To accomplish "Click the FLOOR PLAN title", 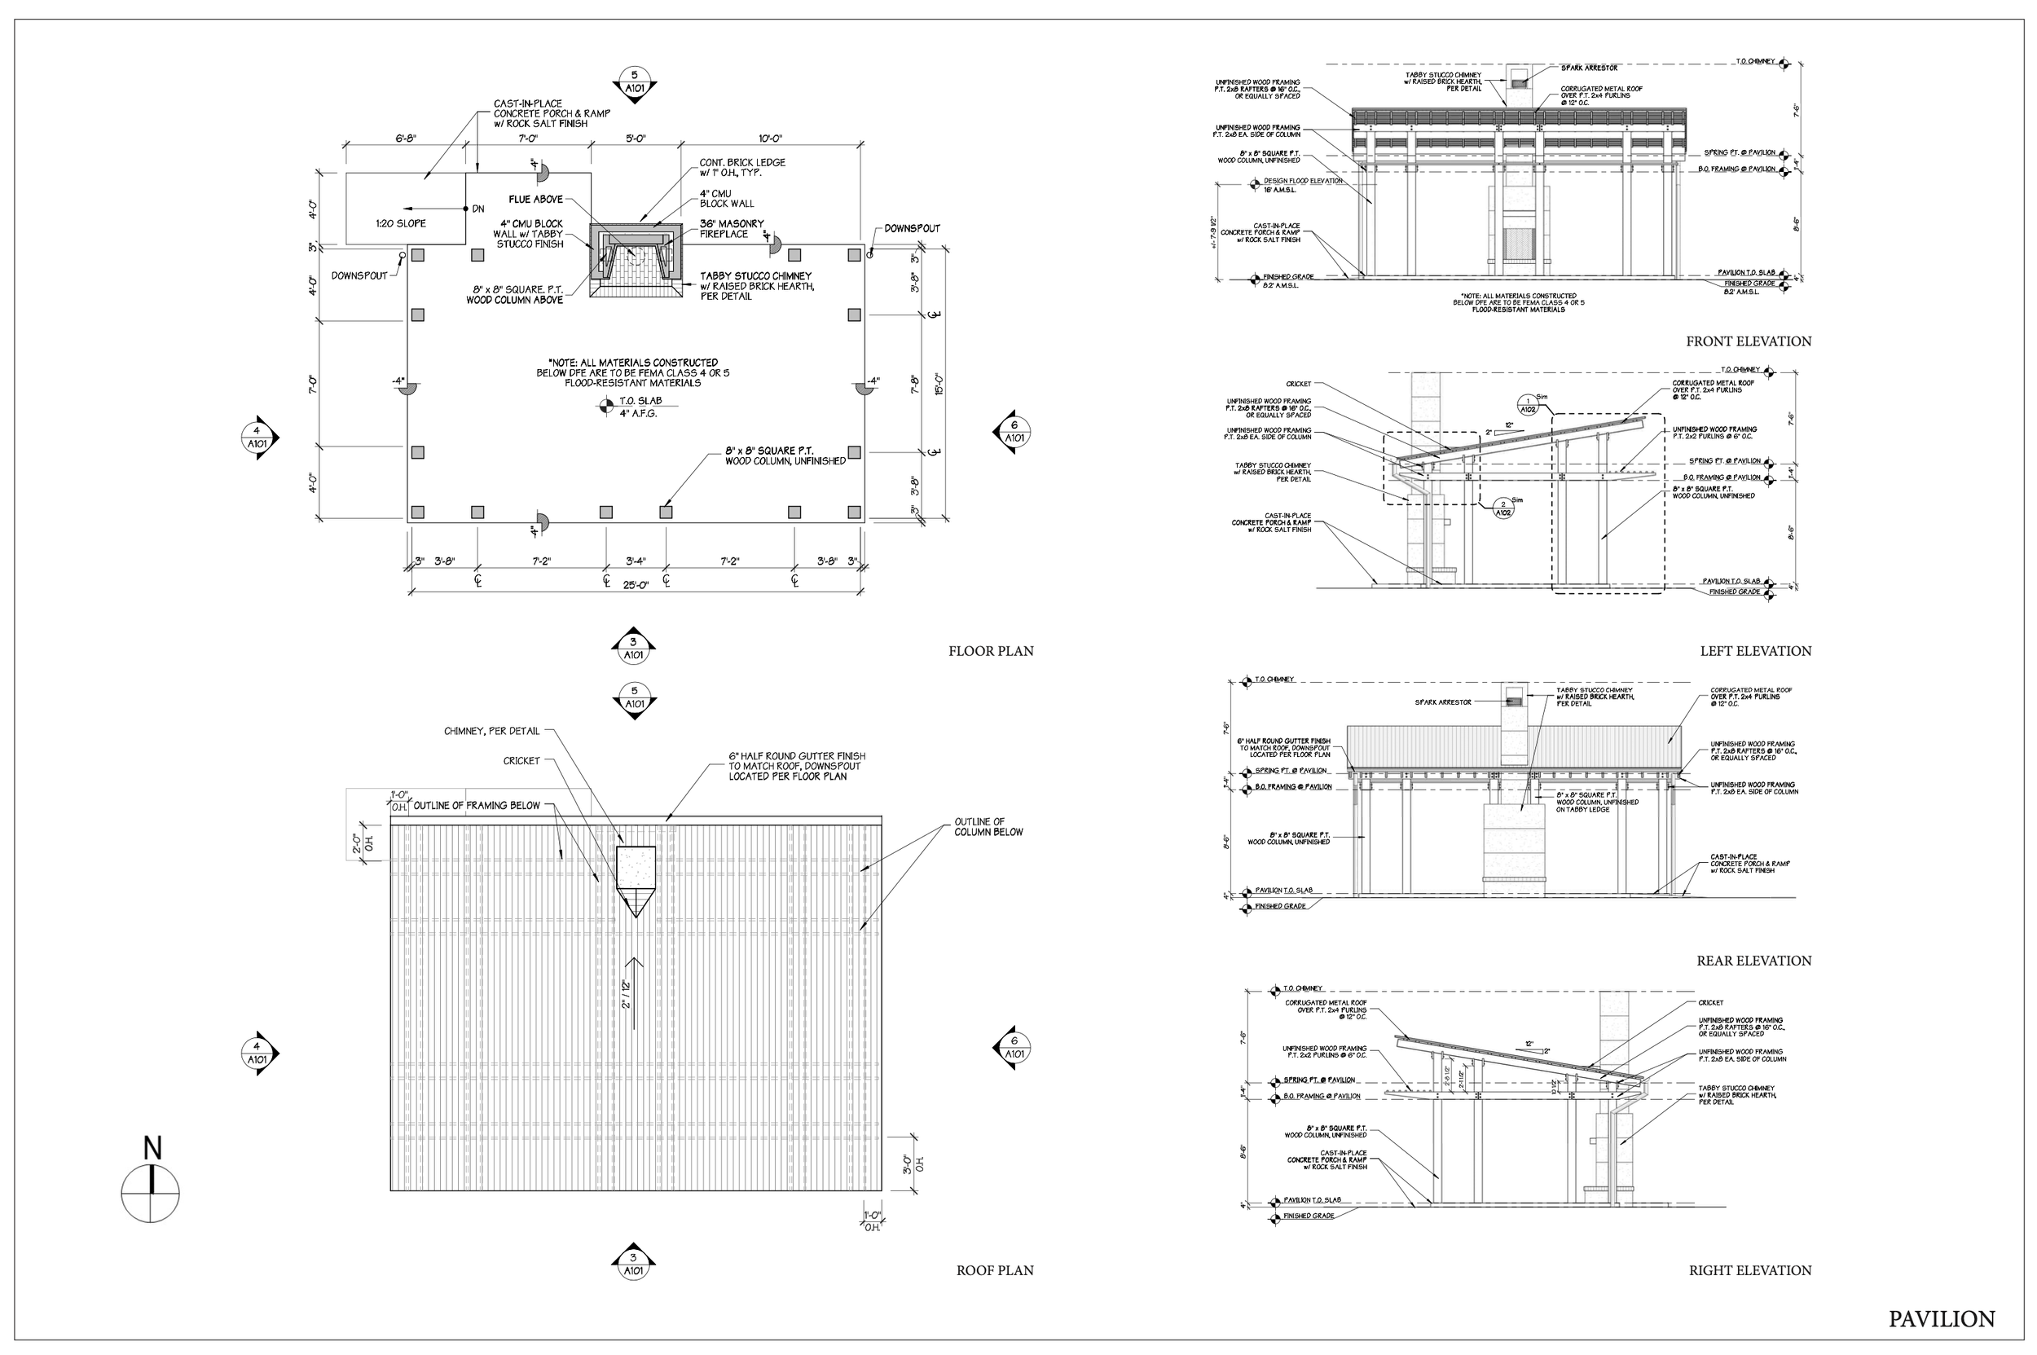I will pos(991,652).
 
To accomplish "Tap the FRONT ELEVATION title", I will pos(1749,341).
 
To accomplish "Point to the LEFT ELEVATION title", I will pos(1755,652).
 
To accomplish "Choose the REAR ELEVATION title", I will pos(1753,961).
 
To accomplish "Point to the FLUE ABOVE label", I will pos(536,200).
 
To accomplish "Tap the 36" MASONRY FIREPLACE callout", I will pos(731,229).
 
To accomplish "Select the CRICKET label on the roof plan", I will pos(521,761).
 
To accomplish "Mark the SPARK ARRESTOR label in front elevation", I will pos(1590,68).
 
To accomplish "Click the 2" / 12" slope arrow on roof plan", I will pos(636,994).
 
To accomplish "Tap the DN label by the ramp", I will pos(478,209).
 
